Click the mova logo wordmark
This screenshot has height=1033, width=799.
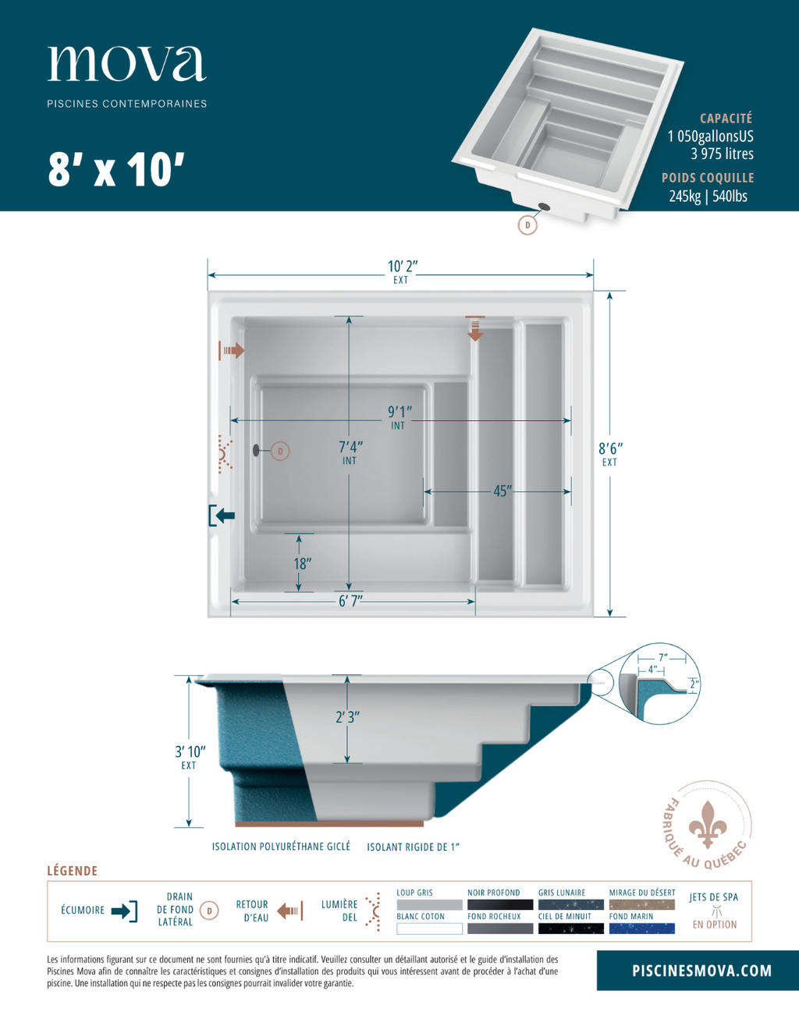126,63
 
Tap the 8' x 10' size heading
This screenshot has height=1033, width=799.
116,170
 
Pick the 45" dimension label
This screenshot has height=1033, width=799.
502,490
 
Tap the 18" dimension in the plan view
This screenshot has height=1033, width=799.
303,564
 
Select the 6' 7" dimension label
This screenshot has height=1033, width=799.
350,601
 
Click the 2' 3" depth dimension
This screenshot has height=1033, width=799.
348,717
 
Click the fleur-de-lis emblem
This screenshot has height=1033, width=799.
707,825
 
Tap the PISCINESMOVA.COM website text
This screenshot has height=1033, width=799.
702,971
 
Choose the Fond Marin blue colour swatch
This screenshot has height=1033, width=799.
641,929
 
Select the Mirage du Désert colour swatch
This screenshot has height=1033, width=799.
641,904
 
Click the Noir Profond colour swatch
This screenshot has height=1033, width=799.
500,904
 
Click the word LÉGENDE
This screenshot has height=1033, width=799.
73,872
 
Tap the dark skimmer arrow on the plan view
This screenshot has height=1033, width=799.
222,515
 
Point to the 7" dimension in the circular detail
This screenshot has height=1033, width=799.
662,657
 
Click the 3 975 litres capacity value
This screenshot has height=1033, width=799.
722,154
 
